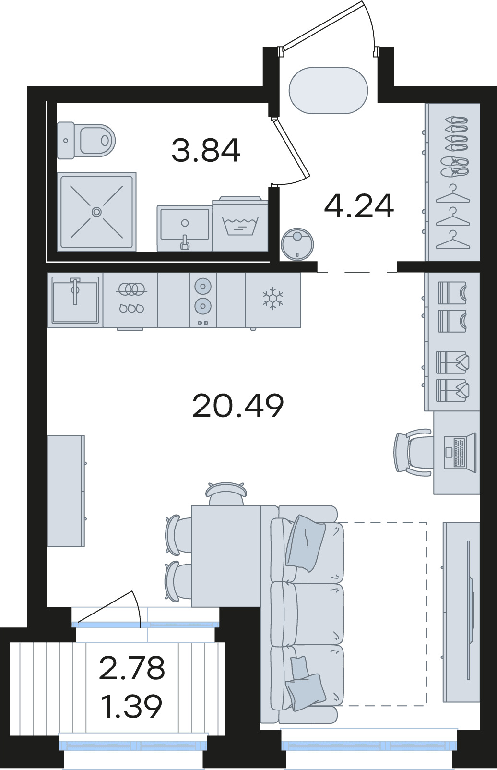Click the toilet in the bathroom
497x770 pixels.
[86, 140]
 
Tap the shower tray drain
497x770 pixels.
[97, 211]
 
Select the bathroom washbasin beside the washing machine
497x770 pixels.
[184, 228]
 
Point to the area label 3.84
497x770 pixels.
[205, 150]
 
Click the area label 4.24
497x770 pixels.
[359, 206]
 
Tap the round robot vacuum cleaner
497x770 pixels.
[297, 244]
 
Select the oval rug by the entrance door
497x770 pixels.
[328, 90]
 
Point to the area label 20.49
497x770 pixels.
[238, 406]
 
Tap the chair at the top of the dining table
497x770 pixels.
[226, 493]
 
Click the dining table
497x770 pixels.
[226, 556]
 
